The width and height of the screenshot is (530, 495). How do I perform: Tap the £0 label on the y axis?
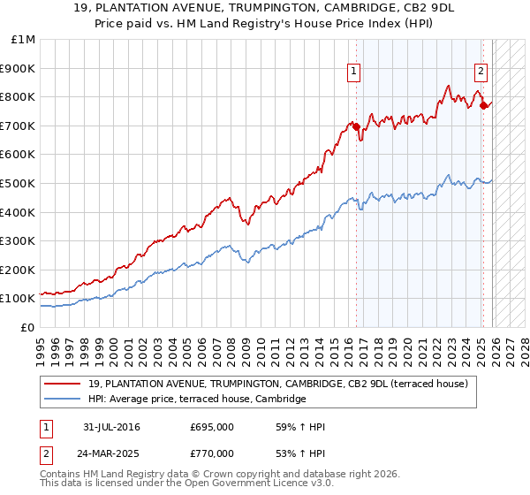tap(28, 327)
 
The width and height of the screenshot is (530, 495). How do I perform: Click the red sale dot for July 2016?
tap(357, 127)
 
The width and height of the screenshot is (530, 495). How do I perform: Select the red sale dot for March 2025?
tap(483, 106)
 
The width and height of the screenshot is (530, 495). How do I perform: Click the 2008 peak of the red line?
tap(229, 198)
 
